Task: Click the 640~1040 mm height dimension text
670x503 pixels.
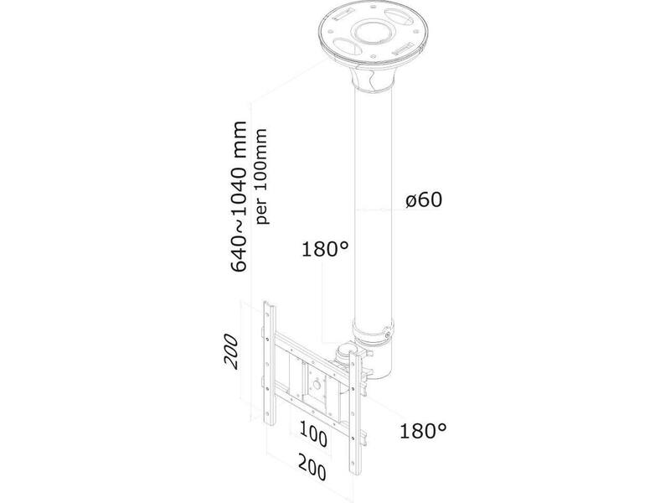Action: point(239,196)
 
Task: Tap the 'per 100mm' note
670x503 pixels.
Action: point(261,176)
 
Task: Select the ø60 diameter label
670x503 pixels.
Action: point(424,200)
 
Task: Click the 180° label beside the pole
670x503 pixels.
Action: point(325,249)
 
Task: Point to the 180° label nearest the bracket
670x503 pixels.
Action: point(423,431)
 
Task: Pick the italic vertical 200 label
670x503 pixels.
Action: point(231,351)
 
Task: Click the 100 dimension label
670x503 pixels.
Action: point(313,433)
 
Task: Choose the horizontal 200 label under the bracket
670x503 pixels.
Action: point(312,467)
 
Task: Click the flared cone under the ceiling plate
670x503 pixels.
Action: point(372,78)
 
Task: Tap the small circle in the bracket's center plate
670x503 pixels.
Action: point(317,384)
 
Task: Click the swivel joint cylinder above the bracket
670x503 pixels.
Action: point(345,353)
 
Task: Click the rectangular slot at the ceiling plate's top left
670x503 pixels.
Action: point(342,14)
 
